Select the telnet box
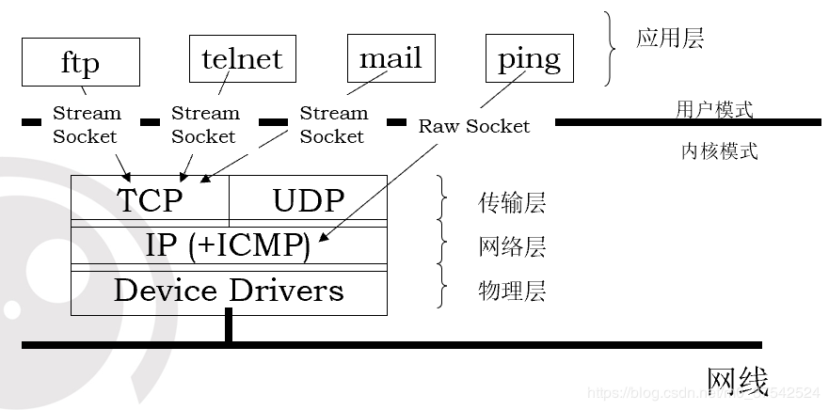tap(242, 58)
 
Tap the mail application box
tap(391, 58)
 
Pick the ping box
tap(529, 58)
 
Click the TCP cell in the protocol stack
tap(151, 199)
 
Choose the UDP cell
tap(309, 199)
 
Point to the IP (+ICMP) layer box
tap(229, 246)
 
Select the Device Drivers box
tap(229, 291)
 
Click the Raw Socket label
tap(474, 126)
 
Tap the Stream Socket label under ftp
tap(86, 124)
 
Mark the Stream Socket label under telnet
tap(204, 124)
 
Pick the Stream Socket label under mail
tap(333, 124)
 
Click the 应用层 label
tap(670, 39)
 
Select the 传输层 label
tap(512, 202)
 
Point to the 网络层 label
tap(512, 247)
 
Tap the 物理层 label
tap(512, 291)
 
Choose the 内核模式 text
tap(719, 150)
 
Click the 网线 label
tap(737, 381)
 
